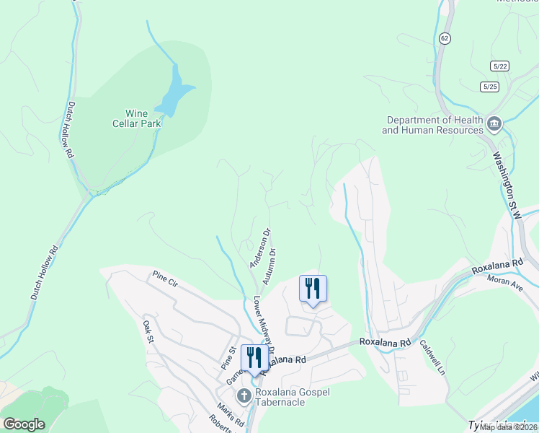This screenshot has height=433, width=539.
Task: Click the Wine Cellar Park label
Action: coord(143,118)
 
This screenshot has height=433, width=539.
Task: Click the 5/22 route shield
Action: coord(499,66)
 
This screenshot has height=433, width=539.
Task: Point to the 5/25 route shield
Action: coord(489,87)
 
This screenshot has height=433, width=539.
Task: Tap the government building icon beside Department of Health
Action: coord(494,124)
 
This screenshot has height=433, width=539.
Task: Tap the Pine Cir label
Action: coord(164,279)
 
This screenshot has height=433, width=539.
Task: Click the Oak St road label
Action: coord(148,332)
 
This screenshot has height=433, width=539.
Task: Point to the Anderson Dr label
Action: coord(259,248)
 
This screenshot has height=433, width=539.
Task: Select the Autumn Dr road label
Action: coord(270,266)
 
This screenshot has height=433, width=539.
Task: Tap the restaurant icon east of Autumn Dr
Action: coord(313,289)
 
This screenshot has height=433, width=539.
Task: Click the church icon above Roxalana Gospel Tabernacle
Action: coord(244,395)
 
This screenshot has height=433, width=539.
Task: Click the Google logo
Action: coord(24,424)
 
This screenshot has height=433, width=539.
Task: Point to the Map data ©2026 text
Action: coord(508,427)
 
